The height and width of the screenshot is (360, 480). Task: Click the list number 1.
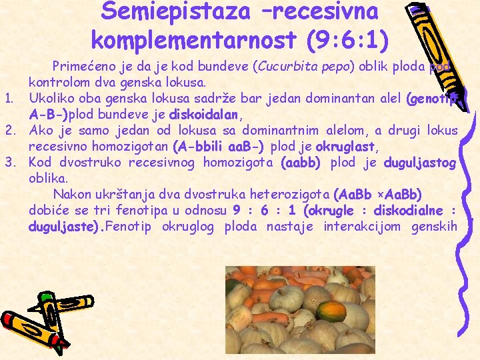[x=9, y=99]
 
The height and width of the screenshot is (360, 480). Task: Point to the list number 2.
[x=9, y=130]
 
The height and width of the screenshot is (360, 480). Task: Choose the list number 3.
[x=9, y=162]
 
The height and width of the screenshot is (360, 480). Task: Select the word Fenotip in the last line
[x=129, y=226]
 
